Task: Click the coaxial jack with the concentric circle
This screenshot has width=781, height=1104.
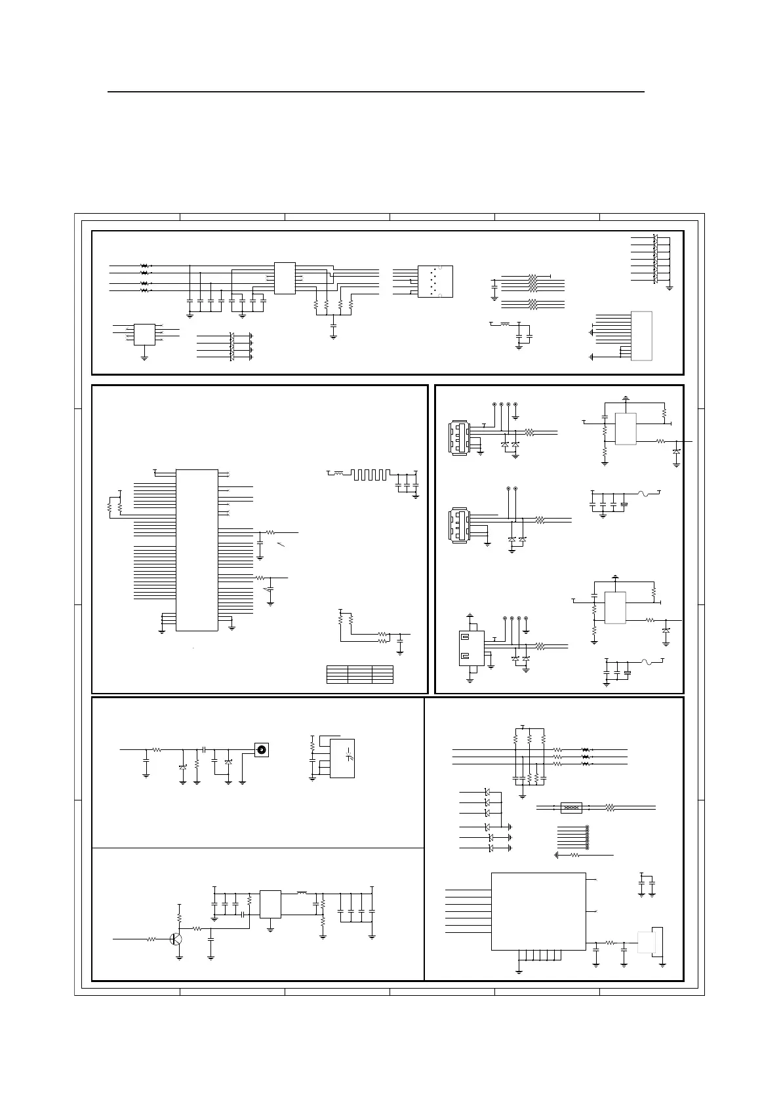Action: coord(262,749)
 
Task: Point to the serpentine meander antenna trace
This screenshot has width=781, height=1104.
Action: coord(370,474)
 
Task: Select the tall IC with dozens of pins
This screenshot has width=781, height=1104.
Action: coord(197,549)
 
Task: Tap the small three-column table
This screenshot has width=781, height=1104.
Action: coord(359,675)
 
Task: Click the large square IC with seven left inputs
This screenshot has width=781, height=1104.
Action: coord(538,911)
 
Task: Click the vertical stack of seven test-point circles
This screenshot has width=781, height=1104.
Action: coord(587,837)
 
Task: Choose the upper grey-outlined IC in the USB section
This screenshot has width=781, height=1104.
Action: coord(626,429)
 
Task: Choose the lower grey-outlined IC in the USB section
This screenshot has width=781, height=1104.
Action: coord(615,607)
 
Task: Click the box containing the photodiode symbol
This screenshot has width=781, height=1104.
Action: coord(343,758)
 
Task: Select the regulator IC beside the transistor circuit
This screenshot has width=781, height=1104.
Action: coord(270,903)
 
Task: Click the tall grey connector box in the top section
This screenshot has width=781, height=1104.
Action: coord(641,336)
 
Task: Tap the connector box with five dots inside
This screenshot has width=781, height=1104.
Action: coord(435,281)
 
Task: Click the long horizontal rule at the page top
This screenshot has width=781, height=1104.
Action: coord(376,92)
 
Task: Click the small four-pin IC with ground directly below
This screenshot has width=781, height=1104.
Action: coord(144,334)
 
